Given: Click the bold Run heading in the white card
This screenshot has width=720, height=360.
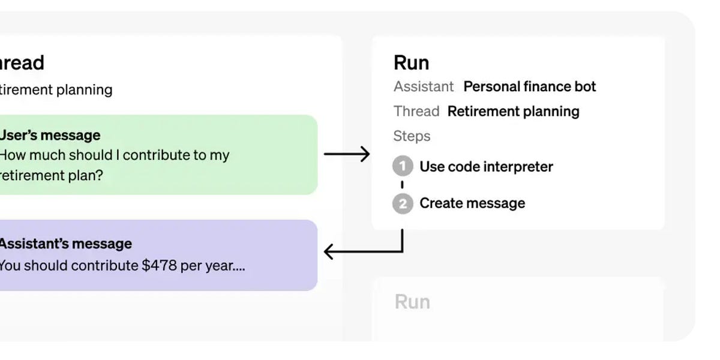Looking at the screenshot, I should (411, 62).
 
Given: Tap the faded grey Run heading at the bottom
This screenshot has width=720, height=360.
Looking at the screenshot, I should (412, 301).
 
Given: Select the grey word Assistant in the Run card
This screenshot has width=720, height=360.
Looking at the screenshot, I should (424, 86).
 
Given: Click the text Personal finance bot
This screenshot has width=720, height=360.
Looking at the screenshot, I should (530, 86).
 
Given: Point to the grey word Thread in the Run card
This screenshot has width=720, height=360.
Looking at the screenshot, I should (416, 111).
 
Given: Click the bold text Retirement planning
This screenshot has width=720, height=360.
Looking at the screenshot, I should (513, 111).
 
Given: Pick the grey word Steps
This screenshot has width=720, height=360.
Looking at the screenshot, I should (412, 136).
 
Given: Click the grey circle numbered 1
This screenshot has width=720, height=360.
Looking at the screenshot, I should (403, 166).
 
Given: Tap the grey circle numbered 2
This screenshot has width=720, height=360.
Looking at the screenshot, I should (403, 203).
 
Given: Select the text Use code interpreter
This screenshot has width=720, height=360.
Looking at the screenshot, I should (486, 166).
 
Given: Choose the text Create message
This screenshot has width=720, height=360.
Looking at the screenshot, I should (472, 203).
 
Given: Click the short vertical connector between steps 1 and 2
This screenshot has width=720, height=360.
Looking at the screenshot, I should (402, 185).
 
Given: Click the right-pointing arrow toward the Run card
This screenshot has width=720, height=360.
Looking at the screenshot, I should (347, 154).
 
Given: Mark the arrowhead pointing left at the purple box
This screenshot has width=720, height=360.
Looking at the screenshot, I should (328, 251).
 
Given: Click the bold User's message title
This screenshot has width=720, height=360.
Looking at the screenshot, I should (50, 135).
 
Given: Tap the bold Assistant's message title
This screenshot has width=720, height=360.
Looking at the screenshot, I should (65, 244).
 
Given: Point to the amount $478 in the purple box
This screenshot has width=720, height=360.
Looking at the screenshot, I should (160, 265).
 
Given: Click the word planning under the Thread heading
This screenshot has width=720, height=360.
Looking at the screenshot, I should (84, 89).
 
